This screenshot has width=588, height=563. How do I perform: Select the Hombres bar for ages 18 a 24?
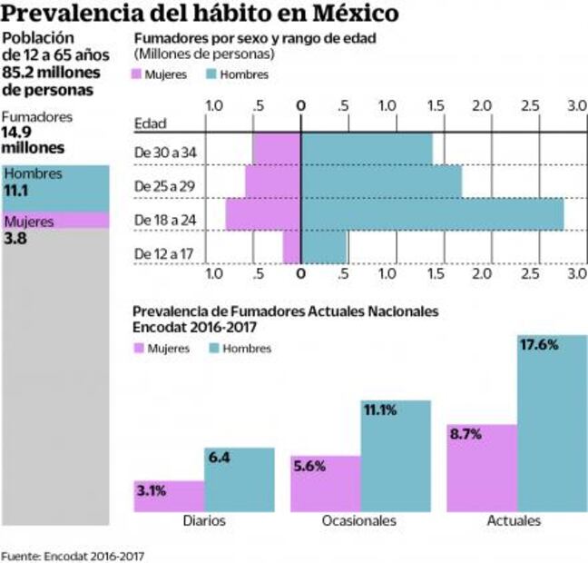[432, 214]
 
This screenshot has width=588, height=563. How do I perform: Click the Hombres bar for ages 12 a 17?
[324, 247]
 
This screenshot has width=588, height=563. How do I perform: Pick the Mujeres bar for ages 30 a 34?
[277, 149]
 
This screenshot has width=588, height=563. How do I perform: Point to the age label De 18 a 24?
[166, 219]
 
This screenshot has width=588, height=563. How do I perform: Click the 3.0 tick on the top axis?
[576, 105]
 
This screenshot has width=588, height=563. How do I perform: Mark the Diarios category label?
[203, 521]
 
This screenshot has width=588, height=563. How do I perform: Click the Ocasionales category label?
[359, 521]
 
